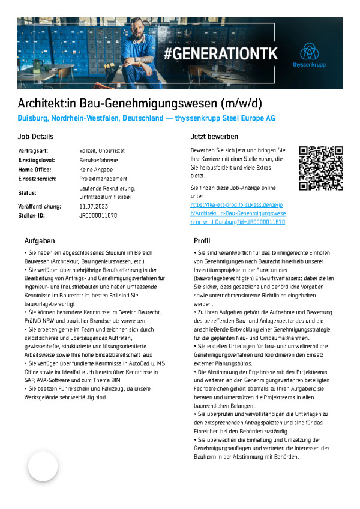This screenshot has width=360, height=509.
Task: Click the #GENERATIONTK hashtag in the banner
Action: (221, 53)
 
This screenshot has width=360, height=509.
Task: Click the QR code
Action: (321, 168)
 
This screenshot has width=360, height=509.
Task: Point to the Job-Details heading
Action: (35, 137)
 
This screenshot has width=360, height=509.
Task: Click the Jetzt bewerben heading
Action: (214, 137)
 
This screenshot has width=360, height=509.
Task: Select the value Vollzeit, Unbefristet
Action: (102, 150)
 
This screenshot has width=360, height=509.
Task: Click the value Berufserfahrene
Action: (98, 160)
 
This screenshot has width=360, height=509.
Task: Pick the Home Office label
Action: (35, 170)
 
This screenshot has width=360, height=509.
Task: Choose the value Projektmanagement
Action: (103, 179)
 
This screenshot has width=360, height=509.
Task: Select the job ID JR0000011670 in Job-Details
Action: (98, 215)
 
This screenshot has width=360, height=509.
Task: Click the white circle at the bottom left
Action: (43, 466)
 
